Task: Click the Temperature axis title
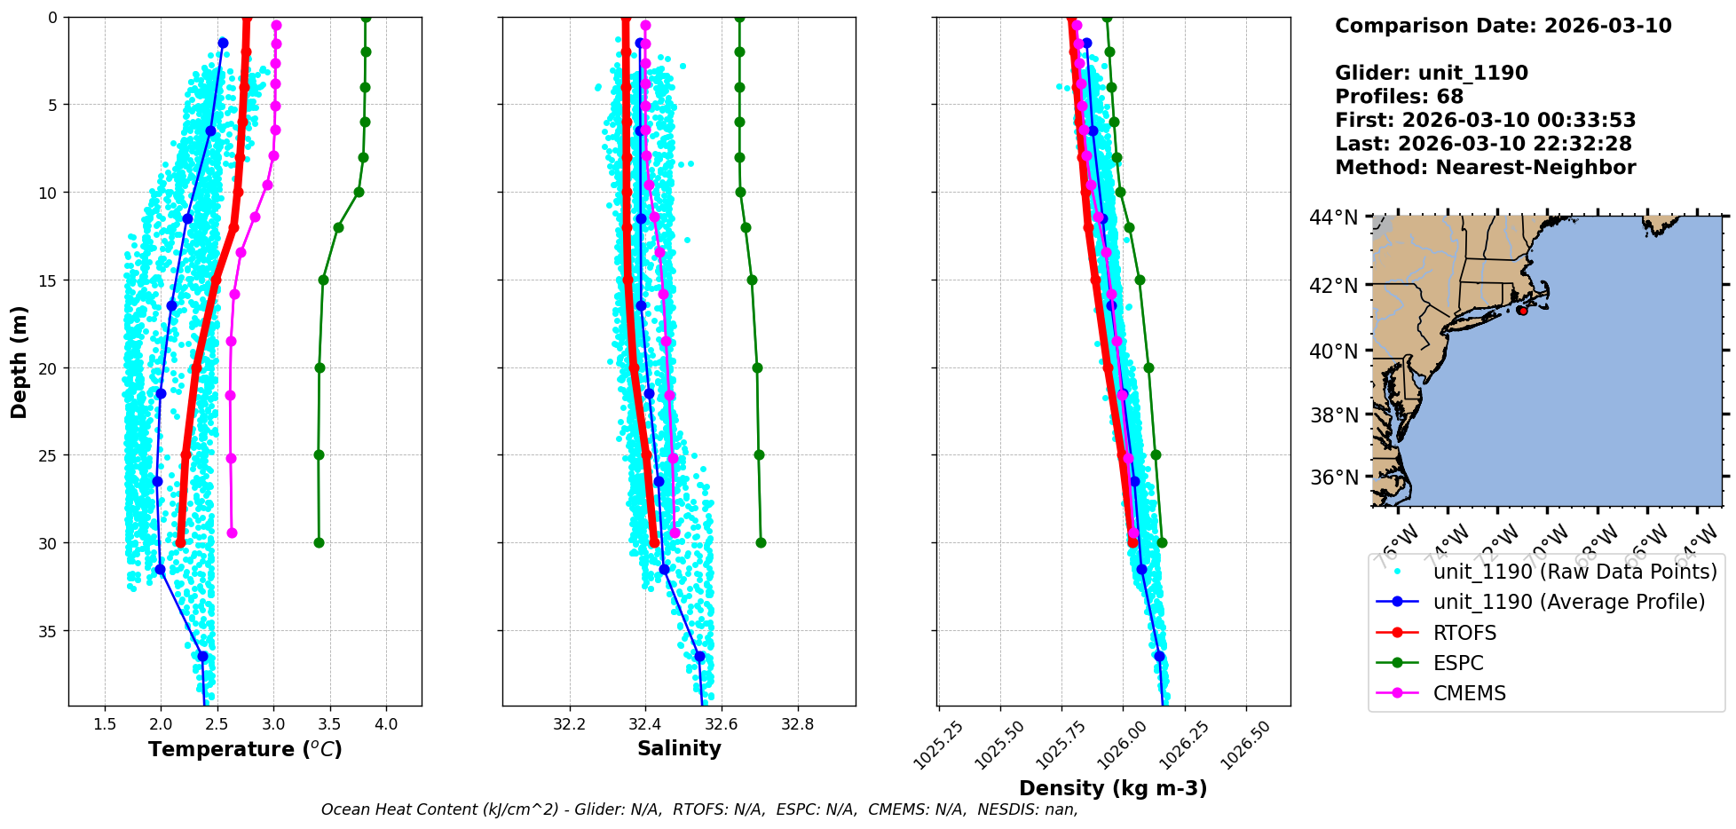tap(245, 749)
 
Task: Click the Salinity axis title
tap(679, 748)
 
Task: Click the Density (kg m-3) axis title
tap(1113, 788)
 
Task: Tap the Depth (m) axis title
tap(20, 361)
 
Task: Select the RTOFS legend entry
tap(1464, 633)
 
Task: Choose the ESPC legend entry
tap(1458, 663)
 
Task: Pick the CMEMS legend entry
tap(1469, 693)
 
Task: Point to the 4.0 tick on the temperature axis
tap(386, 724)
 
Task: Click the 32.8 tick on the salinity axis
tap(797, 724)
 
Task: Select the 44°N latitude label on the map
tap(1334, 217)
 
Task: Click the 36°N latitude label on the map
tap(1334, 478)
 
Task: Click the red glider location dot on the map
tap(1522, 311)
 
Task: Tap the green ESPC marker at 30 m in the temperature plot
tap(319, 542)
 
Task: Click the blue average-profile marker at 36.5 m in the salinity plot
tap(699, 657)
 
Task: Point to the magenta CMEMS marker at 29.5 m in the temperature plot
tap(232, 533)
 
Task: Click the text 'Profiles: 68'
tap(1399, 97)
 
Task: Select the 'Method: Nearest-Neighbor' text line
tap(1485, 168)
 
